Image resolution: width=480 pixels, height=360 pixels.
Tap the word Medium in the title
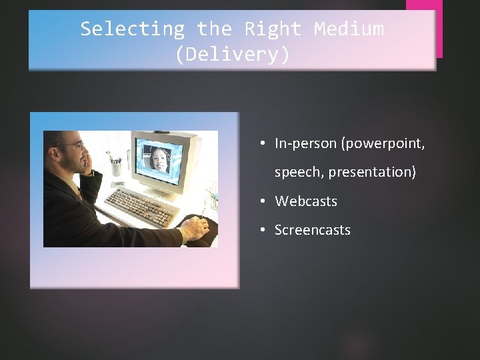[x=349, y=29]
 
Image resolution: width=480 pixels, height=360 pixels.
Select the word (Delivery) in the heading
[x=232, y=55]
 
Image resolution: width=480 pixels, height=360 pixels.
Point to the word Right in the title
[x=273, y=29]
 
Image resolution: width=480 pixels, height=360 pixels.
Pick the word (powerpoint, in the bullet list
[x=383, y=143]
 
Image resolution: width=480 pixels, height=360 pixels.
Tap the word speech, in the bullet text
[x=299, y=172]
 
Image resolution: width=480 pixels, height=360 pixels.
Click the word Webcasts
[x=306, y=201]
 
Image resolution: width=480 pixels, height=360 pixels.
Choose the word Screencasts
[x=312, y=230]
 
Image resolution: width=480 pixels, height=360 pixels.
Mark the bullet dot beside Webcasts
[x=263, y=201]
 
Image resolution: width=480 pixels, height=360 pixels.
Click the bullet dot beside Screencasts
[x=263, y=230]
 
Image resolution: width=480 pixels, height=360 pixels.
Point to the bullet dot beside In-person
[x=263, y=143]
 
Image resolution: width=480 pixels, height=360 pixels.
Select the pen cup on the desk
[x=116, y=167]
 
